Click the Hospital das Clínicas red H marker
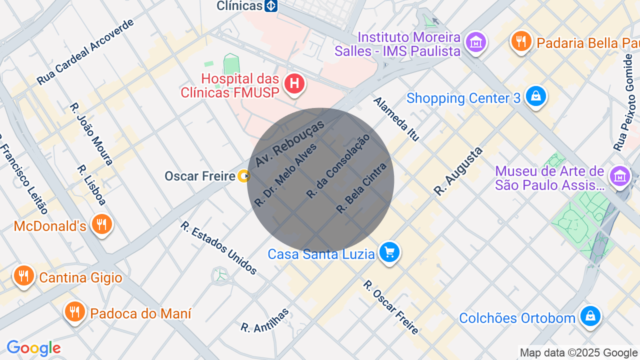[x=295, y=83]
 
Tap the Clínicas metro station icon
[x=271, y=6]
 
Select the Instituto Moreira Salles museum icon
[x=475, y=42]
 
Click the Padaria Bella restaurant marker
[x=521, y=41]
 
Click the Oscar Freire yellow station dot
[x=244, y=176]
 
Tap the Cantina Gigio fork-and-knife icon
[x=23, y=275]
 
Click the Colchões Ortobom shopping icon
[x=590, y=316]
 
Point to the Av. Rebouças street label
[x=289, y=143]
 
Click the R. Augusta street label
[x=458, y=171]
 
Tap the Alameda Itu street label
[x=396, y=119]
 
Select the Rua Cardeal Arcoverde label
[x=85, y=51]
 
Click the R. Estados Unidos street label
[x=218, y=248]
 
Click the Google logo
[x=33, y=348]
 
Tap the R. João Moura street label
[x=91, y=134]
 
